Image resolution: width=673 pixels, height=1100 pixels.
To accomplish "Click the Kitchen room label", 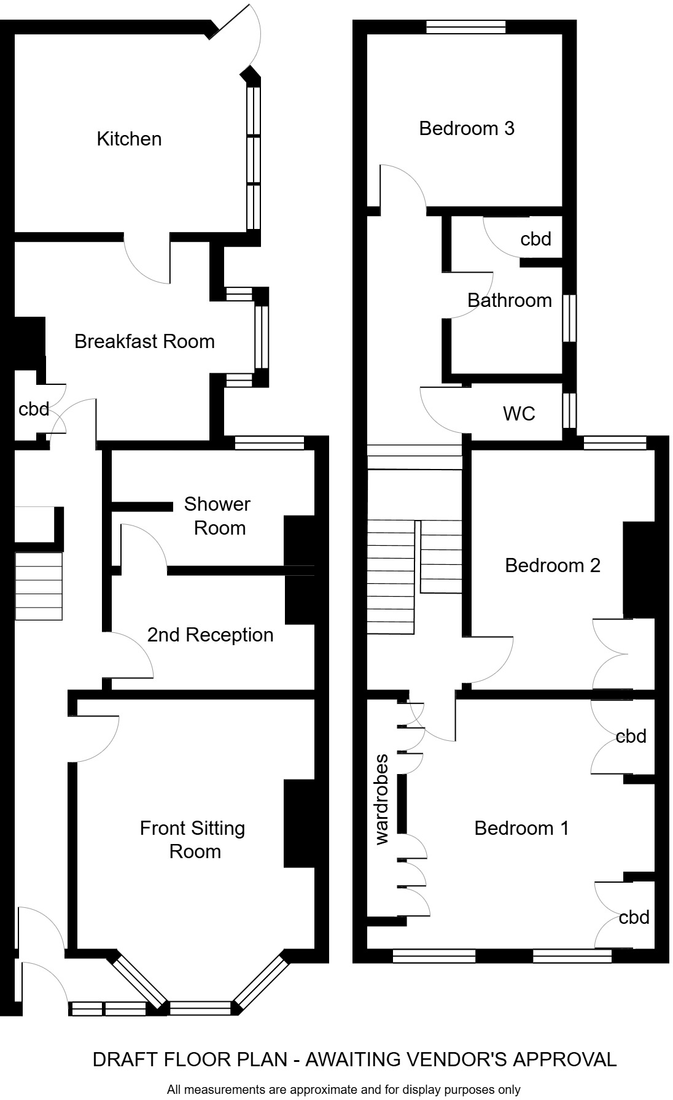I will pos(129,139).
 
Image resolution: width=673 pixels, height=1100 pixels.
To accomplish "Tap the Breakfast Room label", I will pos(144,341).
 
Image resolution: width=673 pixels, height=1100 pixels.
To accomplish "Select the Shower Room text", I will pos(218,516).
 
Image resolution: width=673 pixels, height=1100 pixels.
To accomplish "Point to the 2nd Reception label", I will pos(210,635).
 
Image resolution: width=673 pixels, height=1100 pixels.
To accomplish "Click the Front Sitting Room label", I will pos(193,840).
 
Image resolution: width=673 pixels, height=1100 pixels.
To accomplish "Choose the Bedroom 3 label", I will pos(467,128).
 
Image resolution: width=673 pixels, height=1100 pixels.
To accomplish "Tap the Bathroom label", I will pos(510,300).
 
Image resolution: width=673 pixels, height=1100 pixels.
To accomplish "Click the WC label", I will pos(519,414).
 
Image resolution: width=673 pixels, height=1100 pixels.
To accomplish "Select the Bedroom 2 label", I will pos(553,565).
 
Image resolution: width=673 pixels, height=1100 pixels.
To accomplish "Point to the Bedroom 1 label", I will pos(521,828).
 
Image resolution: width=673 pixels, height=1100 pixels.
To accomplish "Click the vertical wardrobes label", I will pos(382,799).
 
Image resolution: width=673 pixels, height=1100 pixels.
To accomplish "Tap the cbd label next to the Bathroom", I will pos(535,239).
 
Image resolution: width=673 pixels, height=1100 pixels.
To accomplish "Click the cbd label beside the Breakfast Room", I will pos(34,409).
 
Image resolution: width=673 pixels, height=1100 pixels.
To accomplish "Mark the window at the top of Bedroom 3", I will pos(466,26).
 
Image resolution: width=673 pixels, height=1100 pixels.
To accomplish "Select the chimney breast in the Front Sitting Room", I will pos(300,823).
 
